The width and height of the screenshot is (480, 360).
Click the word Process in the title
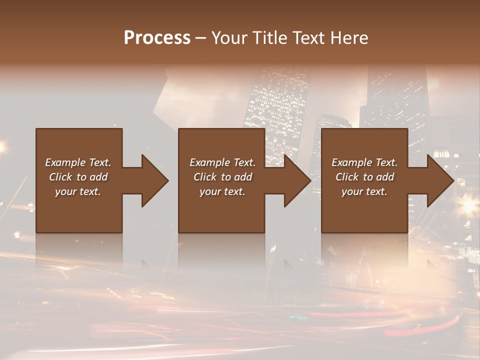pos(157,38)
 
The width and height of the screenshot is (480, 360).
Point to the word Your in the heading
pos(227,38)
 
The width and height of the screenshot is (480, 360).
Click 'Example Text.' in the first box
pos(78,162)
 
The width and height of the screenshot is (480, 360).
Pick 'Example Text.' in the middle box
pos(222,162)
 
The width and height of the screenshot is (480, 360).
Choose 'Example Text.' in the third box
pos(364,162)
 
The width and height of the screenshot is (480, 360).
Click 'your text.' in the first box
pos(78,191)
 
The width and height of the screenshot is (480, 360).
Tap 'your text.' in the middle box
pos(222,191)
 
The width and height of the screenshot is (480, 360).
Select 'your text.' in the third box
pos(364,191)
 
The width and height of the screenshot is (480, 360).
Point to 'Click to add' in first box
pos(78,177)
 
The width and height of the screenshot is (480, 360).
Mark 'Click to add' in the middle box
pos(222,177)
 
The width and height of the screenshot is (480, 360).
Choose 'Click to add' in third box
pos(364,177)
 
